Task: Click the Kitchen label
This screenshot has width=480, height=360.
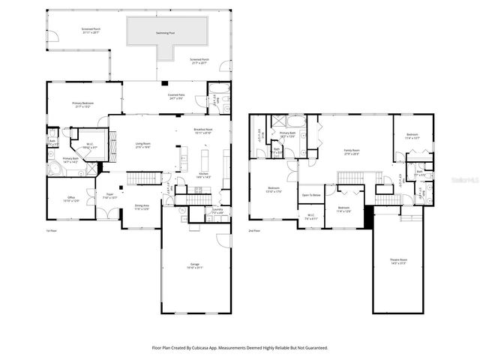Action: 203,175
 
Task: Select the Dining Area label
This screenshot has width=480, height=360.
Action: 142,207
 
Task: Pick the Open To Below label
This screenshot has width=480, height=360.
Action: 311,195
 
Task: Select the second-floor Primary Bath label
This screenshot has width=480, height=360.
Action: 289,134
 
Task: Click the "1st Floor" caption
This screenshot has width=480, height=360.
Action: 52,230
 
